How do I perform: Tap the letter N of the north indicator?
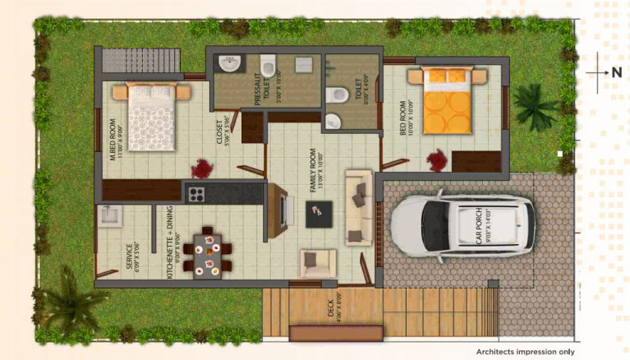[616, 72]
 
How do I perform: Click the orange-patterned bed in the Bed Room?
[448, 101]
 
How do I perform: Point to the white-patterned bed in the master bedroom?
[152, 117]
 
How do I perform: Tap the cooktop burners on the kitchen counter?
[197, 194]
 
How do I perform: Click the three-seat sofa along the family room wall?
[358, 208]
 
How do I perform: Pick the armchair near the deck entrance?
[317, 262]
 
